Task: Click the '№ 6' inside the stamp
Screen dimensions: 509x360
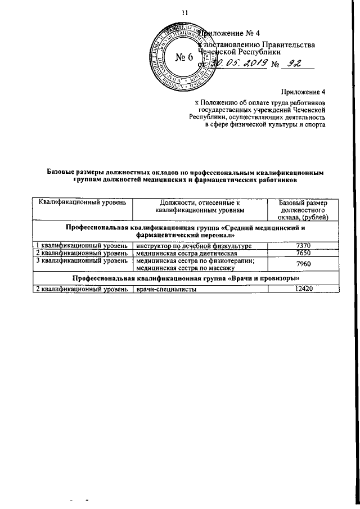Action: point(184,57)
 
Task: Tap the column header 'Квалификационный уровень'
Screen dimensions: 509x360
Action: point(82,202)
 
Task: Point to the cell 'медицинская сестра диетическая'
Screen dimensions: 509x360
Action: point(184,253)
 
